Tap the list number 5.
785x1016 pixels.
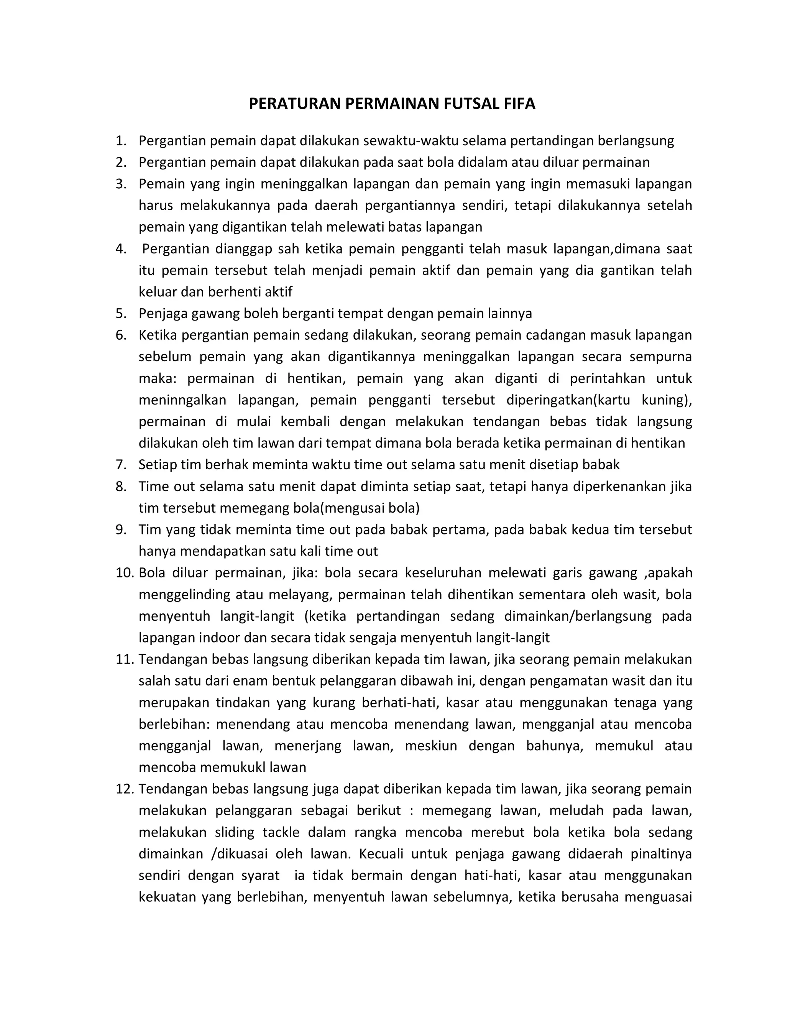tap(120, 313)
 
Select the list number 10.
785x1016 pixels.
tap(124, 573)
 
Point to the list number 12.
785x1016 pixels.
tap(124, 789)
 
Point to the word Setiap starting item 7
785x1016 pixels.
tap(157, 464)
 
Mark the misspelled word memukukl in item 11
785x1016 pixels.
tap(233, 767)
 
